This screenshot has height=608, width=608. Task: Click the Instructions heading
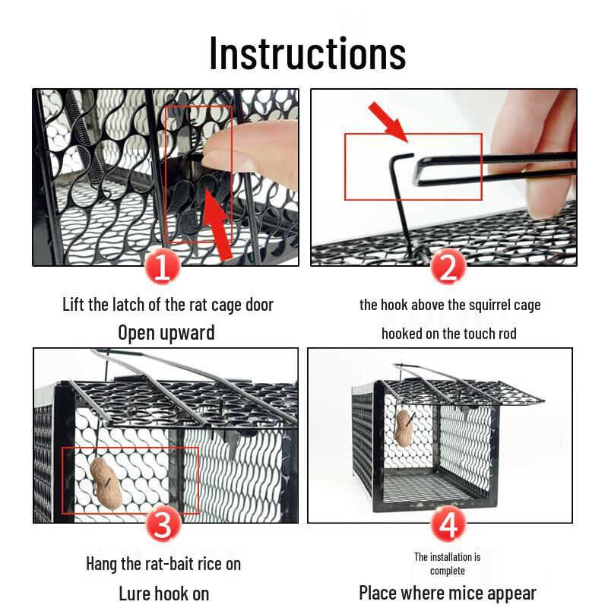(307, 52)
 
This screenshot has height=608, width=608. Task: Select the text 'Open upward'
(166, 333)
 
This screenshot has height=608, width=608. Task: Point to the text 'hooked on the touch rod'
(449, 334)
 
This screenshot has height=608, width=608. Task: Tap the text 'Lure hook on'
(164, 593)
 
